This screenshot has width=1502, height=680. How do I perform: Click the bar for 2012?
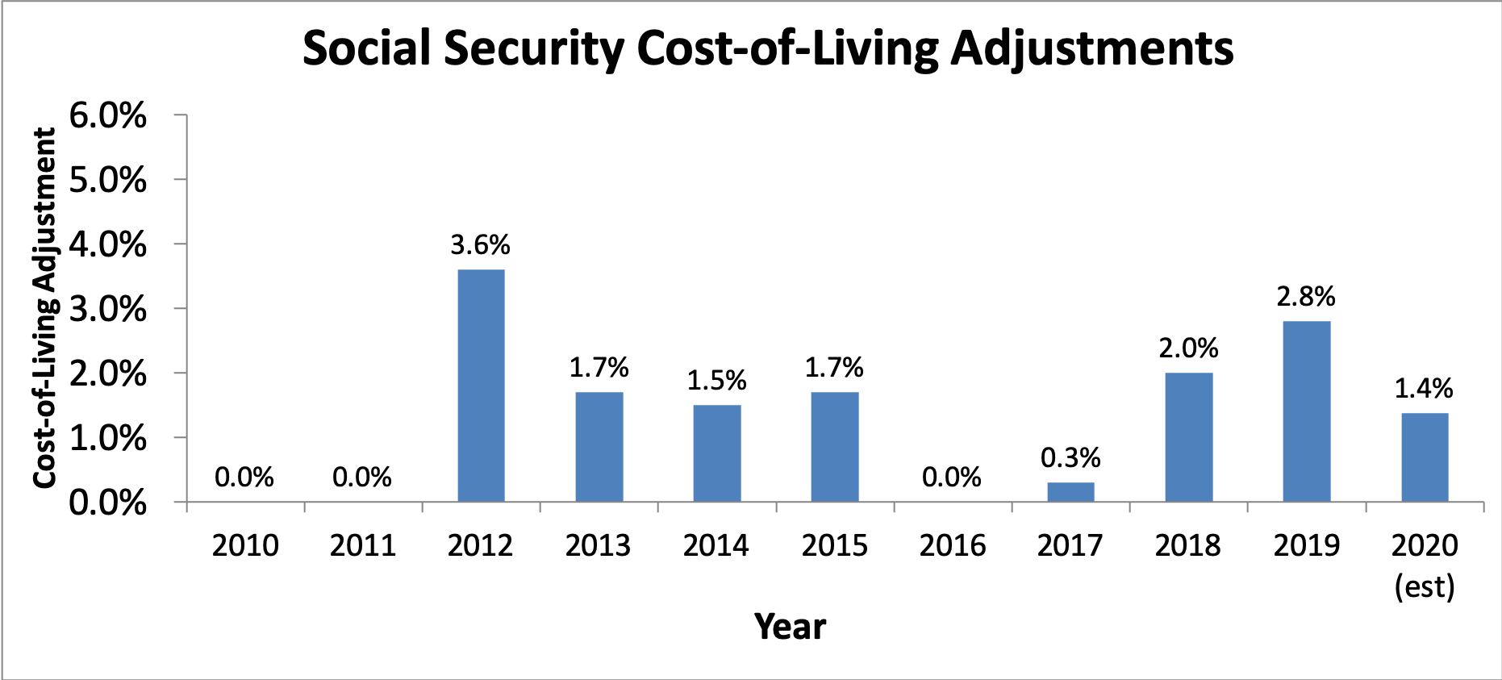[x=481, y=386]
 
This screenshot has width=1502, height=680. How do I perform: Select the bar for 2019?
[x=1306, y=411]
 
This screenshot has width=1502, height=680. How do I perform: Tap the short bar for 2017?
[x=1070, y=492]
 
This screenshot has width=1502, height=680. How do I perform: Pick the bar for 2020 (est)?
[x=1425, y=457]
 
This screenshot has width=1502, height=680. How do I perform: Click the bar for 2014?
[x=716, y=453]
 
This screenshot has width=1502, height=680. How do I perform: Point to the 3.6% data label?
[x=480, y=244]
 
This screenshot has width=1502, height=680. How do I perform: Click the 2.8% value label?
[x=1305, y=296]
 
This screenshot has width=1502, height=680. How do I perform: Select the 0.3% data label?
[x=1070, y=457]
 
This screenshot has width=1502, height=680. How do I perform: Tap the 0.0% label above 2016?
[x=952, y=477]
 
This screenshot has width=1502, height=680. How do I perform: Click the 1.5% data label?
[x=716, y=380]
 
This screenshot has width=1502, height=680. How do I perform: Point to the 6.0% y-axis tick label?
[x=108, y=115]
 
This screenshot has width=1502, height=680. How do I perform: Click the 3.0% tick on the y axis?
[x=108, y=309]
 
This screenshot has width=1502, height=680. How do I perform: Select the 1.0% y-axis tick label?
[x=108, y=438]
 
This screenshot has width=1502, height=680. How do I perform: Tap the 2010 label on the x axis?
[x=245, y=545]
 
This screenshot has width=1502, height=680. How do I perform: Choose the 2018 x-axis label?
[x=1187, y=545]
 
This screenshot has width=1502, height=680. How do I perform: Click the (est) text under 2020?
[x=1425, y=586]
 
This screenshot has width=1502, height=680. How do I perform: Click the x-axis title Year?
[x=790, y=627]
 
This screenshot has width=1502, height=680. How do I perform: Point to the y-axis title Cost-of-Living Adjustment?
[x=45, y=308]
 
